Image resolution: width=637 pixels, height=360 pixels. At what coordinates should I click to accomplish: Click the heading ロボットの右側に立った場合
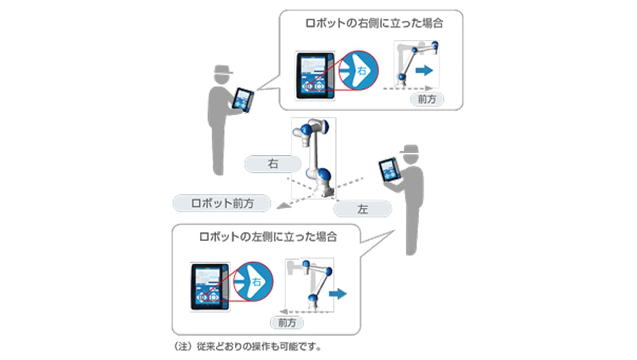click(x=374, y=24)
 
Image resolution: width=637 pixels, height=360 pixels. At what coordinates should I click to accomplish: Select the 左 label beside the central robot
click(x=362, y=209)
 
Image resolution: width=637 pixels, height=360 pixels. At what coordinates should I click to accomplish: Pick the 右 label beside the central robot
click(x=272, y=164)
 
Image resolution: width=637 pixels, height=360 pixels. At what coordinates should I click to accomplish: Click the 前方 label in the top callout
click(x=427, y=100)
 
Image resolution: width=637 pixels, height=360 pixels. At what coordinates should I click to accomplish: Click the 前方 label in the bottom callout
click(x=287, y=322)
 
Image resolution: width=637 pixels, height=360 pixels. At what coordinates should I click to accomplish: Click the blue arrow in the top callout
click(x=422, y=70)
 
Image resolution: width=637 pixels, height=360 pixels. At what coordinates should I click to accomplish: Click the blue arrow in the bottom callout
click(x=340, y=294)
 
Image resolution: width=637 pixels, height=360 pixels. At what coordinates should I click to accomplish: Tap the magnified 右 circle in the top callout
click(x=359, y=71)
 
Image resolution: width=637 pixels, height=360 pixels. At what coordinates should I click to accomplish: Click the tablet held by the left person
click(x=244, y=100)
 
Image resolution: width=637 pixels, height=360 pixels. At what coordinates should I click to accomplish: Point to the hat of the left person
click(x=223, y=72)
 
